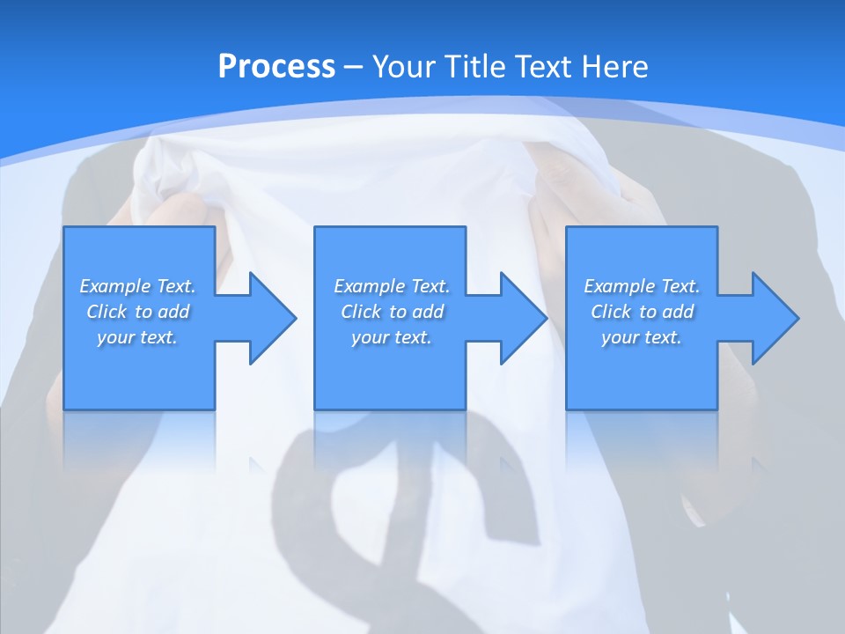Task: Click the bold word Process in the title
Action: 276,66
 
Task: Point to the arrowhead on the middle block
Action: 521,318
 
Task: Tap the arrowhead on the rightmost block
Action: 773,318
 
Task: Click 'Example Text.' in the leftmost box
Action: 137,286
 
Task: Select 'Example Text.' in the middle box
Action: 392,286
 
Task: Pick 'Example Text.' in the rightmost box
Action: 642,286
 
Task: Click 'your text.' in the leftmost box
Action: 137,337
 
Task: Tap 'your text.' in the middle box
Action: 392,337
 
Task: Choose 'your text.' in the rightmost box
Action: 642,337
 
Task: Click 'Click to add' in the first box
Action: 137,312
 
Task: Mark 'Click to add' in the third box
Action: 642,312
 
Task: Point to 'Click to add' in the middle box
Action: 392,312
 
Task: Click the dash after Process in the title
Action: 354,67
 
